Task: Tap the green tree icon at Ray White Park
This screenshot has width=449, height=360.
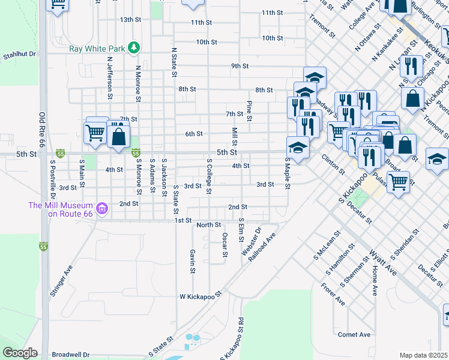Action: (136, 47)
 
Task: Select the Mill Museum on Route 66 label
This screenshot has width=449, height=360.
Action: (61, 209)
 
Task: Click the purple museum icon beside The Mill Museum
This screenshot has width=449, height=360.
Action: (103, 209)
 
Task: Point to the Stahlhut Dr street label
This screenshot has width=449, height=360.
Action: (20, 54)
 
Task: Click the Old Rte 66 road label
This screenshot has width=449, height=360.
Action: (42, 130)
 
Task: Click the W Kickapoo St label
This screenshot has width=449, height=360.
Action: (200, 296)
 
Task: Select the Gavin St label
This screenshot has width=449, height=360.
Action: (193, 262)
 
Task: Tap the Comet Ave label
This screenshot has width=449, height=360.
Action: (354, 334)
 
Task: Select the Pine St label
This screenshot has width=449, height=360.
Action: (249, 110)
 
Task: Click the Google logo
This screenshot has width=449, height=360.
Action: (20, 353)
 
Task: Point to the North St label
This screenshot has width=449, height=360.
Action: (209, 225)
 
